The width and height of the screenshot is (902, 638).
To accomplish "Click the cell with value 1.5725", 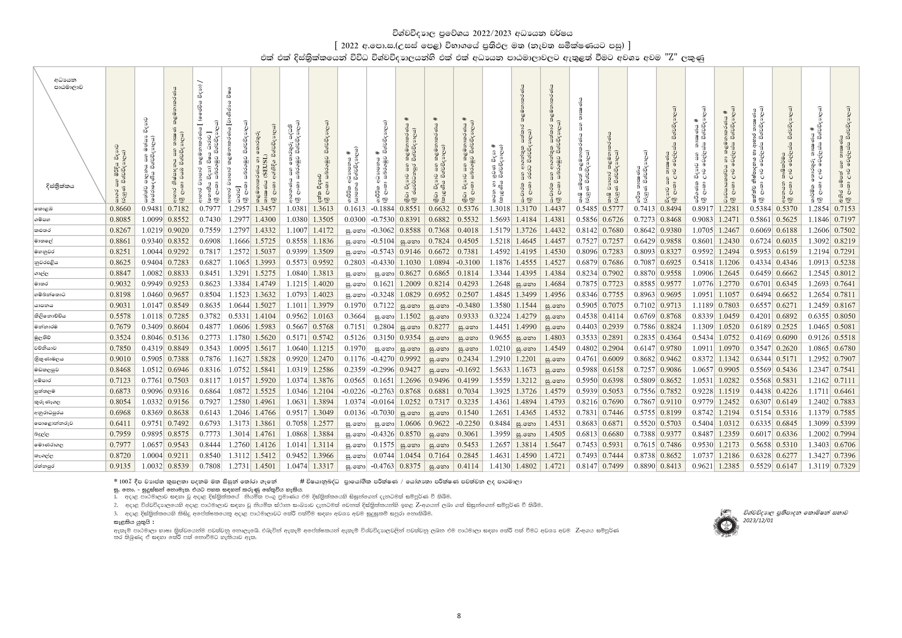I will point(266,241).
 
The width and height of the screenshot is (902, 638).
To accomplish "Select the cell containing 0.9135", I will point(120,466).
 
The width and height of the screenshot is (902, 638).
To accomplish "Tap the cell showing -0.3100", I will point(468,262).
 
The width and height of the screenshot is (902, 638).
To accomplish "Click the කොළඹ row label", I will point(43,209).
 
